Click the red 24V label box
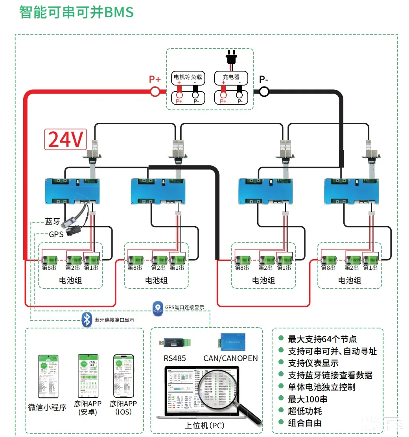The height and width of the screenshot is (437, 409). point(65,139)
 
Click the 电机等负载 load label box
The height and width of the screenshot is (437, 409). point(188,77)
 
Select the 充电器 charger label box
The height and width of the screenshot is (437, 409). point(231,77)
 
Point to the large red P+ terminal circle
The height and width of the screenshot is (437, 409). point(155,92)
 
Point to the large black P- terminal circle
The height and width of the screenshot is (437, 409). point(263,92)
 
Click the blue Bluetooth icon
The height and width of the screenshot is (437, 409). point(86,319)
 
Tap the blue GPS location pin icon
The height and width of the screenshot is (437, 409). point(158,308)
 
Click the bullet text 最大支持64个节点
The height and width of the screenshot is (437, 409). point(322,339)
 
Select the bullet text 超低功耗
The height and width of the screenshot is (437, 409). point(305,411)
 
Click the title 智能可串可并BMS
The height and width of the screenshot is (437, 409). point(77,13)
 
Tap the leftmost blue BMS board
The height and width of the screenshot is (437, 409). point(72,191)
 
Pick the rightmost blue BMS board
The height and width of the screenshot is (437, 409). point(352,191)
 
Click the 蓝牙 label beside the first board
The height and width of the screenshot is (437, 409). point(53,221)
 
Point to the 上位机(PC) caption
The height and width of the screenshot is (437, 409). point(204,426)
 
